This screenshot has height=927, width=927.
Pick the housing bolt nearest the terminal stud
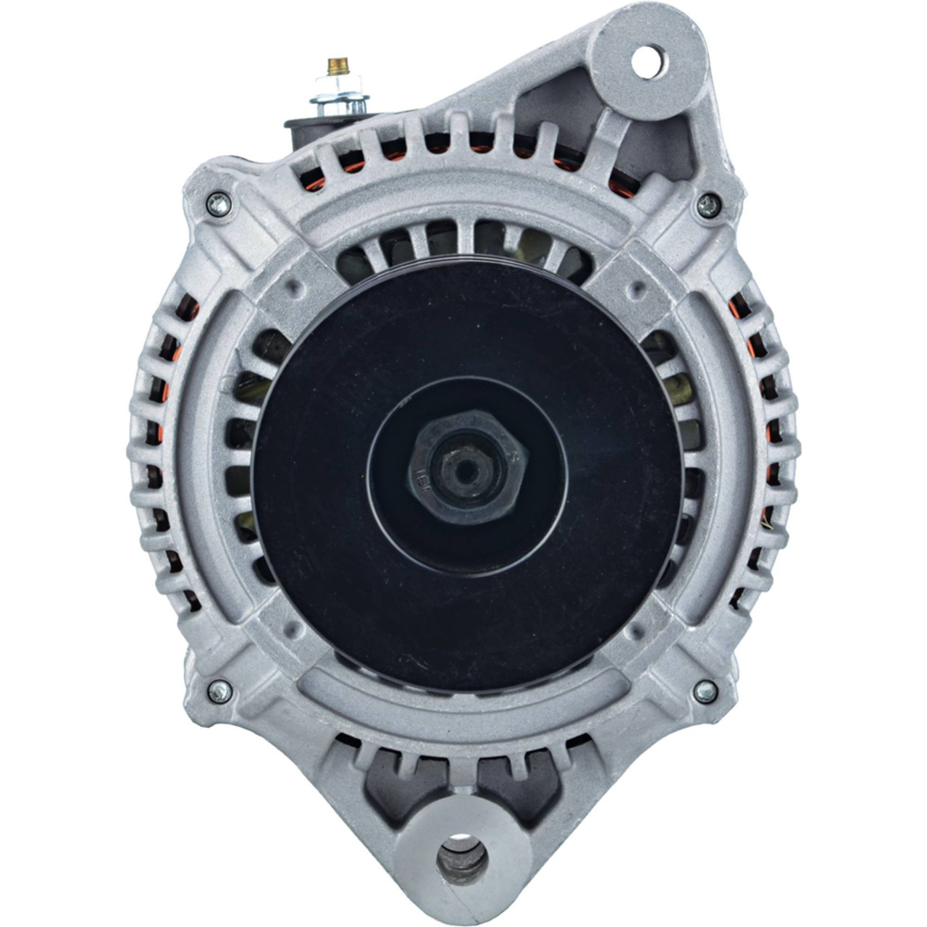217,205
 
